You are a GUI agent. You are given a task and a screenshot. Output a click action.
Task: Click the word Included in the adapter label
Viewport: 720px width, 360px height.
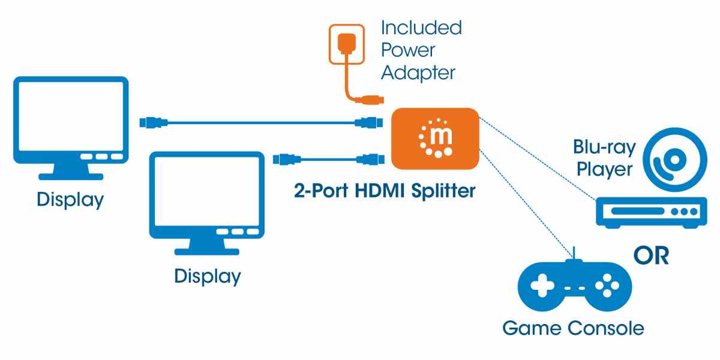click(x=421, y=28)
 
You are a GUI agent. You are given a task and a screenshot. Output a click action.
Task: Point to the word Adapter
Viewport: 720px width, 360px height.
click(x=418, y=73)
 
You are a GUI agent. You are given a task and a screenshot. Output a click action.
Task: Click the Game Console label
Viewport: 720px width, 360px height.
click(x=572, y=328)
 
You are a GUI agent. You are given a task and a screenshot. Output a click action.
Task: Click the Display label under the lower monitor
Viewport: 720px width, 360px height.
click(x=208, y=277)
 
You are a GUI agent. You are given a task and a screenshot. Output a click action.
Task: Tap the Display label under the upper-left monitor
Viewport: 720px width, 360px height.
click(x=70, y=200)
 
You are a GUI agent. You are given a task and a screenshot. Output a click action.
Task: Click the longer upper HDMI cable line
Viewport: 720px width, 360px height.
click(x=258, y=122)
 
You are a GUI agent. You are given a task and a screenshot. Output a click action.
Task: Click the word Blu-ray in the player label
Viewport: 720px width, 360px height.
click(x=602, y=148)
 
